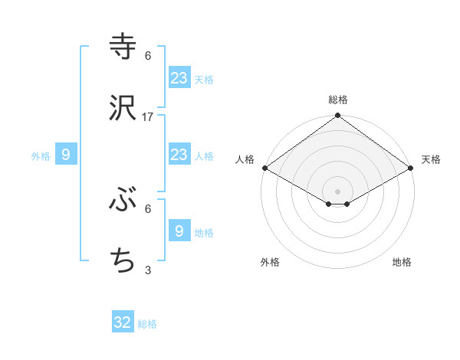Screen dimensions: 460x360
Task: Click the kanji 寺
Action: pyautogui.click(x=123, y=46)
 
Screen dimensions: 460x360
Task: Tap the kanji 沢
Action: pyautogui.click(x=123, y=108)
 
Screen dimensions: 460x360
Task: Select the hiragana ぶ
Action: pyautogui.click(x=123, y=200)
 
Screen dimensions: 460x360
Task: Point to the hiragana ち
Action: pyautogui.click(x=123, y=261)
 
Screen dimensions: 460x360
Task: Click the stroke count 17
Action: pyautogui.click(x=148, y=116)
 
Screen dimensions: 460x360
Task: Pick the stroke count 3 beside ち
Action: pyautogui.click(x=148, y=270)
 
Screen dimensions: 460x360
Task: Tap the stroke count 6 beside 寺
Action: pyautogui.click(x=148, y=55)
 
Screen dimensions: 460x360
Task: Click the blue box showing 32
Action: pyautogui.click(x=123, y=322)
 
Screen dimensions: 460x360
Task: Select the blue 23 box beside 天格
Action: pyautogui.click(x=179, y=77)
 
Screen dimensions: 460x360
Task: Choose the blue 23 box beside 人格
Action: pyautogui.click(x=179, y=155)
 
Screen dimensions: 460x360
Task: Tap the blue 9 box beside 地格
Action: pyautogui.click(x=179, y=231)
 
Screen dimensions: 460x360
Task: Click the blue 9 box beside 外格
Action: pyautogui.click(x=66, y=155)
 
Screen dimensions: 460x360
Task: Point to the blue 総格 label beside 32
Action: pyautogui.click(x=148, y=324)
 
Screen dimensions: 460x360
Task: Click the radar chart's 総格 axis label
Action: pyautogui.click(x=338, y=100)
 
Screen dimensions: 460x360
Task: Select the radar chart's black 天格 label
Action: pyautogui.click(x=432, y=159)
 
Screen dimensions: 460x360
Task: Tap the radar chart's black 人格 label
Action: pyautogui.click(x=245, y=159)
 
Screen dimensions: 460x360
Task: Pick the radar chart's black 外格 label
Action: pyautogui.click(x=270, y=262)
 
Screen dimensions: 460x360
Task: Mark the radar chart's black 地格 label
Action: pyautogui.click(x=402, y=262)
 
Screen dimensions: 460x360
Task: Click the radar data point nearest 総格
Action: pyautogui.click(x=338, y=116)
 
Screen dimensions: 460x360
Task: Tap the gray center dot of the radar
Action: pyautogui.click(x=338, y=191)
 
